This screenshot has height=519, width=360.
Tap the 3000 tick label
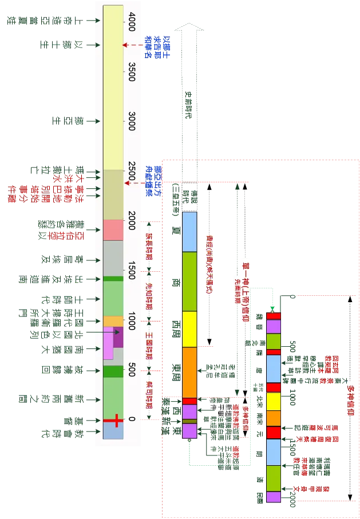[132, 121]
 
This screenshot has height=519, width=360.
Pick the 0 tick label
[132, 419]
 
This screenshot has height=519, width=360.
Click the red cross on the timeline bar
[116, 421]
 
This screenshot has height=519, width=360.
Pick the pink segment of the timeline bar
[113, 229]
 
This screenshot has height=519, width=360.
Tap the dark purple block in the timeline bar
[118, 337]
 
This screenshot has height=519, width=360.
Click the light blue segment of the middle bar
[189, 231]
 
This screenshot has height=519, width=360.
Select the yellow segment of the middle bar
[189, 329]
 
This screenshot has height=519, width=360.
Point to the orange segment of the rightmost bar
[274, 418]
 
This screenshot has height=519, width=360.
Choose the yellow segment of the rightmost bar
[274, 401]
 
